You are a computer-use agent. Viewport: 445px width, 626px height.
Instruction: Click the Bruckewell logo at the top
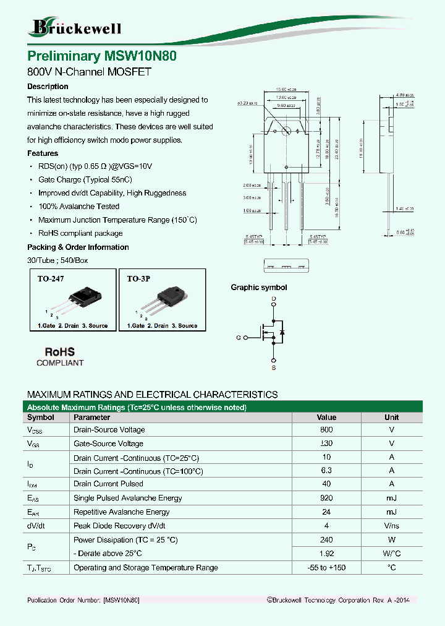[x=76, y=27]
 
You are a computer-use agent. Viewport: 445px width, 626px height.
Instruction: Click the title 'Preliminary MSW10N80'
[x=103, y=56]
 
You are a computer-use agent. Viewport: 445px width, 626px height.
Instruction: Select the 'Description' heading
[x=48, y=87]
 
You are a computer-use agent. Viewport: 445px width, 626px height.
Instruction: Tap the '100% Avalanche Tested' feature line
[x=78, y=207]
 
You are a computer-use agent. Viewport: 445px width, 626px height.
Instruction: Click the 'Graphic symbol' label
[x=259, y=288]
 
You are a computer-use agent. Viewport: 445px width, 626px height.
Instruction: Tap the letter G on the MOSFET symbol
[x=238, y=338]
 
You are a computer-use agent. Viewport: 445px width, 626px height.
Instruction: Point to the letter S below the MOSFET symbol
[x=274, y=369]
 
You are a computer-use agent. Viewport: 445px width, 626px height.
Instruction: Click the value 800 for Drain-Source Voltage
[x=326, y=430]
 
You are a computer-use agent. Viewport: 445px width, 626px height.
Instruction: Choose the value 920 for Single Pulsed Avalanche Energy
[x=326, y=498]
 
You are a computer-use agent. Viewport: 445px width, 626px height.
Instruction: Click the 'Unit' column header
[x=391, y=418]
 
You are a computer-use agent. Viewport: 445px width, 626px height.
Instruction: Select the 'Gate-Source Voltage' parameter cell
[x=108, y=444]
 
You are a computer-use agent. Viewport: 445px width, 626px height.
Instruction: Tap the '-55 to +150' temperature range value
[x=326, y=568]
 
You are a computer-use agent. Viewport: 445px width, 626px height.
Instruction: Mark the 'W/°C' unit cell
[x=391, y=554]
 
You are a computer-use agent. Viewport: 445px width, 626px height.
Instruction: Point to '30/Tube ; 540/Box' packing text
[x=57, y=260]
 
